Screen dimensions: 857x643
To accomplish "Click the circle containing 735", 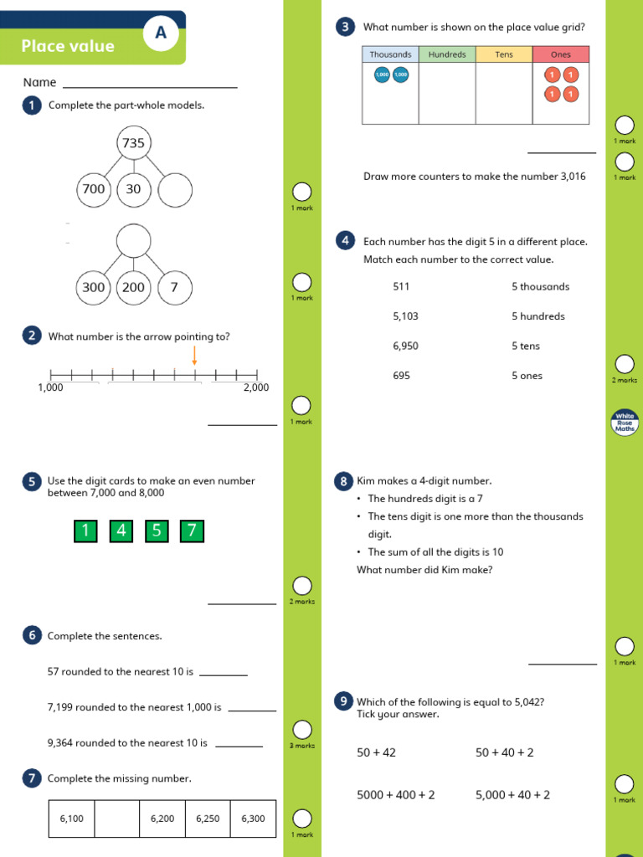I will [133, 143].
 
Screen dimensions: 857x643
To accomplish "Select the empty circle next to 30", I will [174, 189].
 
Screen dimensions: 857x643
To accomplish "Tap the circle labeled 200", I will [133, 287].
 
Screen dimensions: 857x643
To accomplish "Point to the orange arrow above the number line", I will [194, 357].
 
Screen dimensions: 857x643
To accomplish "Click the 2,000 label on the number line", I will [256, 387].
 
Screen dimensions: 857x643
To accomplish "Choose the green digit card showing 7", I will [192, 530].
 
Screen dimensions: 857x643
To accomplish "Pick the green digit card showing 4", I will [121, 530].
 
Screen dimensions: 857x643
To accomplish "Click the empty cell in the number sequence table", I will [116, 819].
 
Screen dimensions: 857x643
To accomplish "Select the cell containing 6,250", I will [208, 819].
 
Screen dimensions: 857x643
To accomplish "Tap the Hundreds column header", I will [447, 54].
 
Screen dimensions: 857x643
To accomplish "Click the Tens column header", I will [504, 54].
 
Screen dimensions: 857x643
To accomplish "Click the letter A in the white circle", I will [160, 33].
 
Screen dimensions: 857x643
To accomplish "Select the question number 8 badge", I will [343, 481].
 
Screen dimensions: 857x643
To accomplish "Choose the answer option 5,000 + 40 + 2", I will [512, 795].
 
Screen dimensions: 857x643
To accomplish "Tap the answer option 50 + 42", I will [376, 752].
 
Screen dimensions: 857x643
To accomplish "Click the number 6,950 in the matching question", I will [405, 346].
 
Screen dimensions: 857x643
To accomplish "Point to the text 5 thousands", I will [540, 286].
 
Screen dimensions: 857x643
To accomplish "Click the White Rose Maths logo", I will [625, 422].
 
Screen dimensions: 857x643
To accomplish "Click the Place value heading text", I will [68, 46].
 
